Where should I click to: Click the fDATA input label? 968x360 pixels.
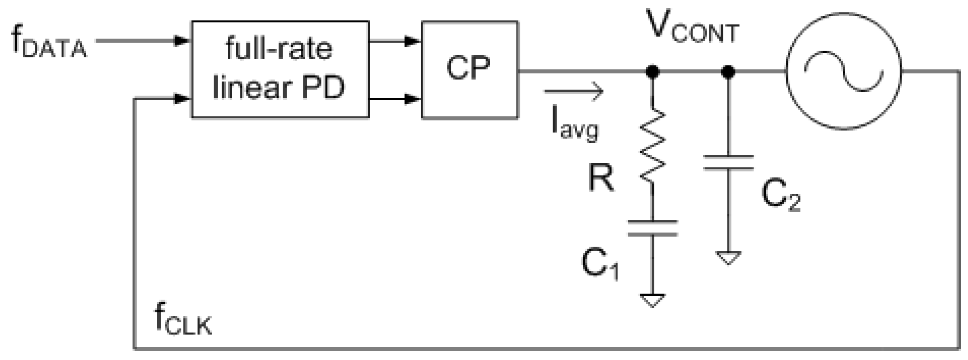[48, 43]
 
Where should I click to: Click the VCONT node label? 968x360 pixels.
[693, 28]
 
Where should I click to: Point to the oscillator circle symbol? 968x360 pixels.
[843, 72]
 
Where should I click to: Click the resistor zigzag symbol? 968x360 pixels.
[652, 146]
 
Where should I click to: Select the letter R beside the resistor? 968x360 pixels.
[601, 178]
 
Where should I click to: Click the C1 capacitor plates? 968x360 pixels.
[652, 228]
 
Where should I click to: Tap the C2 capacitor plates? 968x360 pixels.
[728, 163]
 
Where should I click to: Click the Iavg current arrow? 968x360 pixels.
[574, 91]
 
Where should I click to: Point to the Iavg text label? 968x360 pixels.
[574, 124]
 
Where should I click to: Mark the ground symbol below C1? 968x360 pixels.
[652, 300]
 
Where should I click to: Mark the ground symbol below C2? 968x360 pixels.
[728, 258]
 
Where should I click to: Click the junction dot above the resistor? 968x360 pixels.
[652, 72]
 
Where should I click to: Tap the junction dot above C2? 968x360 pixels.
[728, 72]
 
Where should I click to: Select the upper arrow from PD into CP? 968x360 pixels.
[394, 42]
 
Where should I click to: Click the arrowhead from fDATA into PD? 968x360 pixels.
[182, 41]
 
